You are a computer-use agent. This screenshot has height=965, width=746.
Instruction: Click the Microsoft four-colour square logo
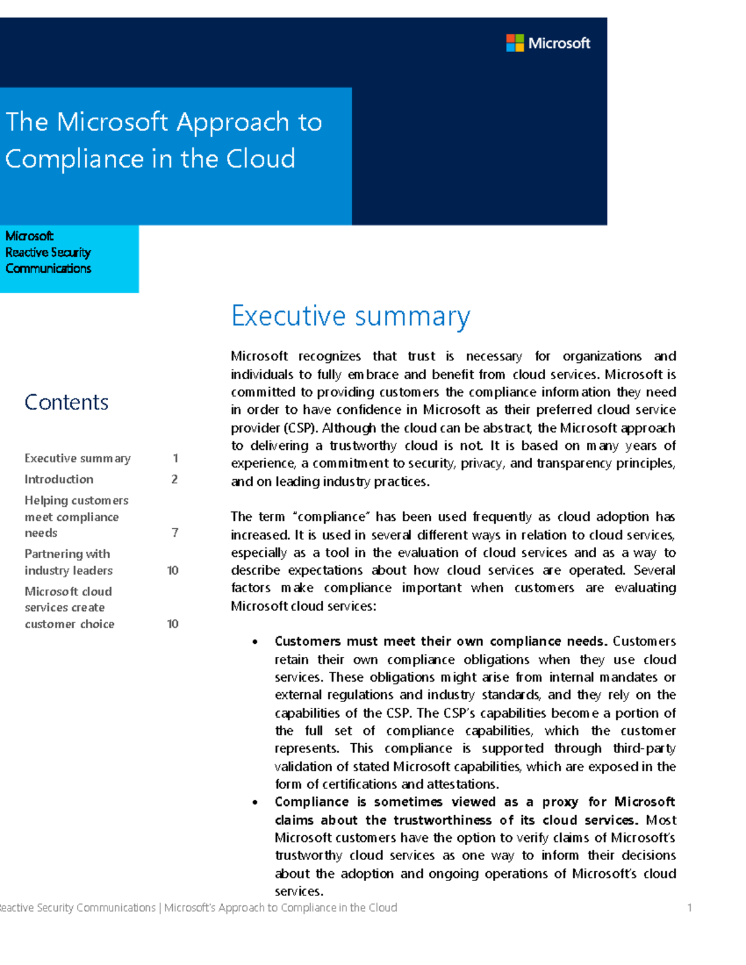[515, 43]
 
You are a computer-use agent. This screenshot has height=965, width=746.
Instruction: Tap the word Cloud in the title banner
[260, 159]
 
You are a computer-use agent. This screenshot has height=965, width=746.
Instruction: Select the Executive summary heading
[351, 316]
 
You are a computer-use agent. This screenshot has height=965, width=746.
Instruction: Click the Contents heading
[67, 403]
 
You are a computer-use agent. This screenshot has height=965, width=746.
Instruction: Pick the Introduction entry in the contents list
[59, 479]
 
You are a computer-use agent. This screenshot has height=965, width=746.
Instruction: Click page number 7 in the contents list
[175, 533]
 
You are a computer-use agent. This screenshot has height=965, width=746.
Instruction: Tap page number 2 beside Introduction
[175, 479]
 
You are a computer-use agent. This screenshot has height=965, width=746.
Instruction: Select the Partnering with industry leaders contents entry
[68, 562]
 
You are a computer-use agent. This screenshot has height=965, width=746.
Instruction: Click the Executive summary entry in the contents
[77, 459]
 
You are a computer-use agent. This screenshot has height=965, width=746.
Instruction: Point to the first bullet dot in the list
[255, 642]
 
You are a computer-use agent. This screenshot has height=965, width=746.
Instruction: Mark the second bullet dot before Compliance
[255, 803]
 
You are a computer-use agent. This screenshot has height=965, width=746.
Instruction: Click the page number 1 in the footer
[689, 908]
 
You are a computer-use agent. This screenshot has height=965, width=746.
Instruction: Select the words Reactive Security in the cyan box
[48, 252]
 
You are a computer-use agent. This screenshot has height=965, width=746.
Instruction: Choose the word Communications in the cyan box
[48, 268]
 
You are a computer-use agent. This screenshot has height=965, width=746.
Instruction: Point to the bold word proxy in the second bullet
[560, 802]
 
